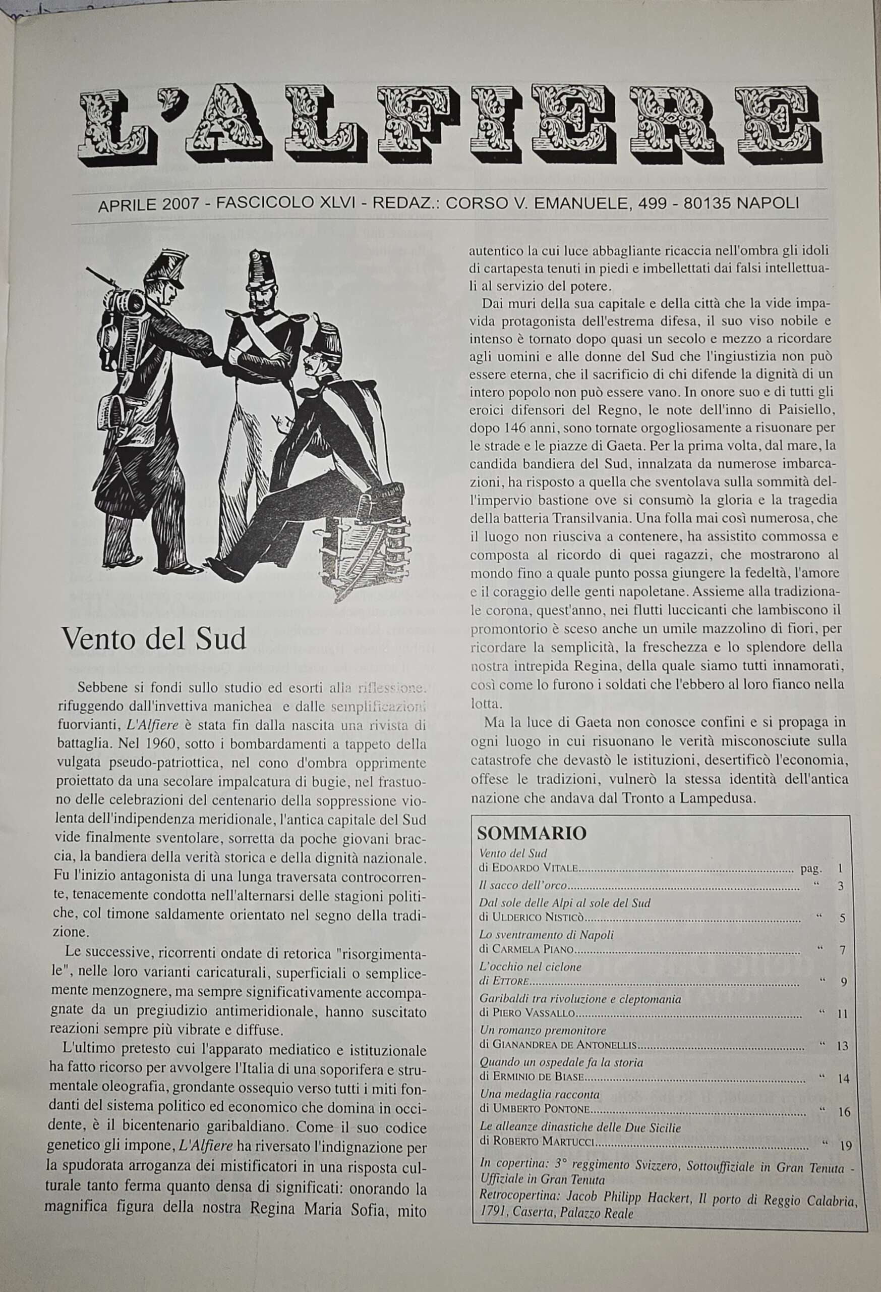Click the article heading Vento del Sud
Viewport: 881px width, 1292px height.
(154, 639)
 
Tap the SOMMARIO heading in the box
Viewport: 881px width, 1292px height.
(532, 833)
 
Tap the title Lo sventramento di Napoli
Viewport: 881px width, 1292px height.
(546, 935)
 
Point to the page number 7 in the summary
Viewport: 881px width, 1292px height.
(843, 950)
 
